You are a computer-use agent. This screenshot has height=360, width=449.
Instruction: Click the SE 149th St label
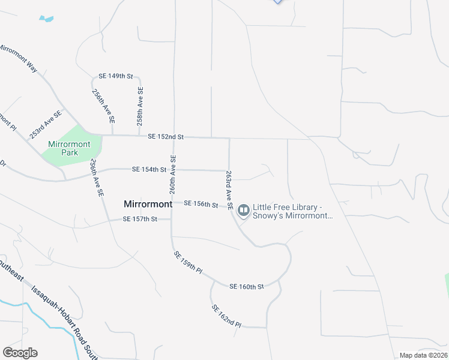tap(115, 76)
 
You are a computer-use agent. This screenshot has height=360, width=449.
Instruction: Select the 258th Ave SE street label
tap(140, 106)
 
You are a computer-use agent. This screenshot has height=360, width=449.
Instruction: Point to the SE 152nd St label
tap(165, 137)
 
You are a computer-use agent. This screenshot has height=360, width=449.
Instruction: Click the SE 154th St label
tap(149, 170)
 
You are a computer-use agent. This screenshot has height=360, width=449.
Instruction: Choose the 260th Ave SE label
tap(173, 174)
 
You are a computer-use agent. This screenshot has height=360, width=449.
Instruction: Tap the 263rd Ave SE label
tap(229, 190)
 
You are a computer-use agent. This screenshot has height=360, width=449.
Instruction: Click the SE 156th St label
tap(200, 204)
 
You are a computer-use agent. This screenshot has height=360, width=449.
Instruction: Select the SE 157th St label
tap(139, 219)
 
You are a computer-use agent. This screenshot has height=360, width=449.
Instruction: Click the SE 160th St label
tap(246, 287)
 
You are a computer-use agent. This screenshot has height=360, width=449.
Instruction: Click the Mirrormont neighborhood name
tap(148, 204)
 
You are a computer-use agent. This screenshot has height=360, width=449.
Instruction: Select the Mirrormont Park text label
tap(63, 148)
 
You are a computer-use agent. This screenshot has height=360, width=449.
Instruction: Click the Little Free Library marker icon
tap(244, 210)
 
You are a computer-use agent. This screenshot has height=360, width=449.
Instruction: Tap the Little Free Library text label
tap(292, 211)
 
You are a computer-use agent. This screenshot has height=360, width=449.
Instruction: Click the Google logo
tap(20, 353)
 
